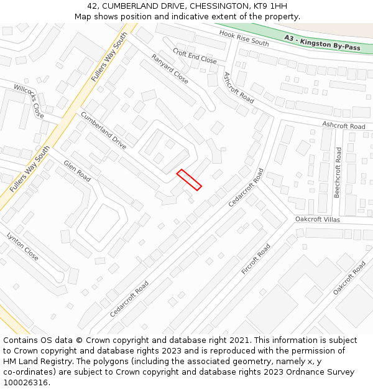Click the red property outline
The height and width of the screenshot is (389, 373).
tap(189, 180)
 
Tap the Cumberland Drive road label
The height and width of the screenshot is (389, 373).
tap(103, 130)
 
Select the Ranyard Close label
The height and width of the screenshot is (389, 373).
tap(170, 68)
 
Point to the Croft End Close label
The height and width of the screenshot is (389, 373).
tap(195, 57)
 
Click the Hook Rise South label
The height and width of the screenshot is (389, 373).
tap(244, 37)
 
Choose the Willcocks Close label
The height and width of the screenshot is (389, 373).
tap(29, 101)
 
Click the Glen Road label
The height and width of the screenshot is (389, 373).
tap(77, 171)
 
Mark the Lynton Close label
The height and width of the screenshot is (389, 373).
tap(22, 246)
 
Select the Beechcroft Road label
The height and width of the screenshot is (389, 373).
tap(338, 172)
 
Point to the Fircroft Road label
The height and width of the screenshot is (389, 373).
tap(256, 259)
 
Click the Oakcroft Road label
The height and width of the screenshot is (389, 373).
tap(349, 278)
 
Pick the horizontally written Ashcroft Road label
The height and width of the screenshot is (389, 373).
tap(344, 126)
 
